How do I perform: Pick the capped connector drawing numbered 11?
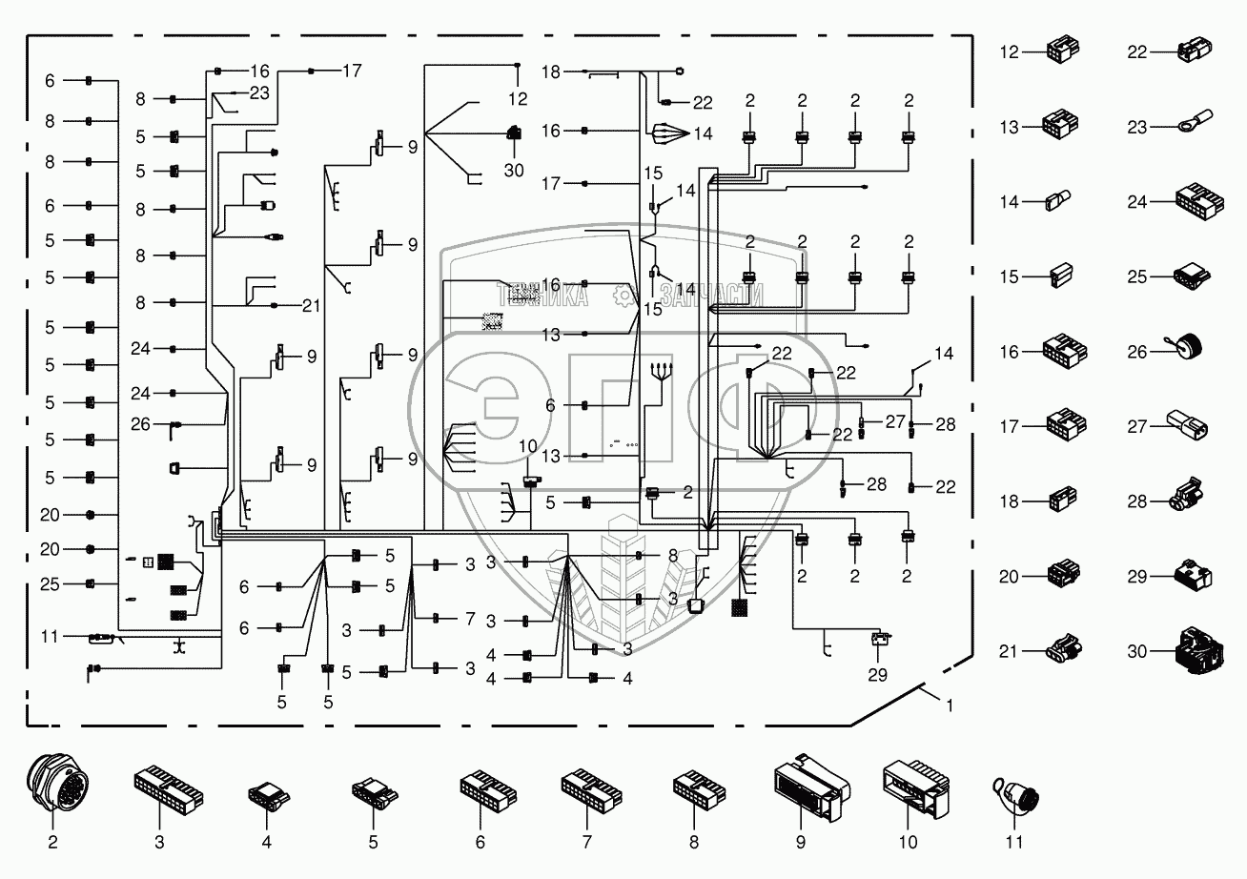pos(1015,792)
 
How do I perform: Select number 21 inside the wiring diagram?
pos(311,305)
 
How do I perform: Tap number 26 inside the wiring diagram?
pos(140,424)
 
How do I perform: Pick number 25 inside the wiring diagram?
pos(50,583)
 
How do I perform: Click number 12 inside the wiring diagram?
pos(517,98)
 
